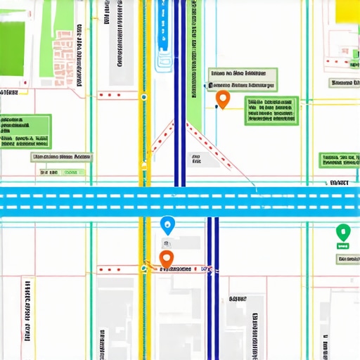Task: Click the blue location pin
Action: pos(167,225)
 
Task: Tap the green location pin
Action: pos(342,231)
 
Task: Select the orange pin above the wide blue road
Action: pos(223,99)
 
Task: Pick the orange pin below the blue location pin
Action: pos(167,259)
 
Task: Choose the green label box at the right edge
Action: pos(339,160)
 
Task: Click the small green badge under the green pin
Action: pos(343,247)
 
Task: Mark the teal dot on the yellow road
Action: pos(143,97)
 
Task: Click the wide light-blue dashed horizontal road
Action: pos(180,199)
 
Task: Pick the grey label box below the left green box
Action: pos(61,157)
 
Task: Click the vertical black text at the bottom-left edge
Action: pos(27,309)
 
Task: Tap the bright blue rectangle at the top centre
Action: pos(163,28)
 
